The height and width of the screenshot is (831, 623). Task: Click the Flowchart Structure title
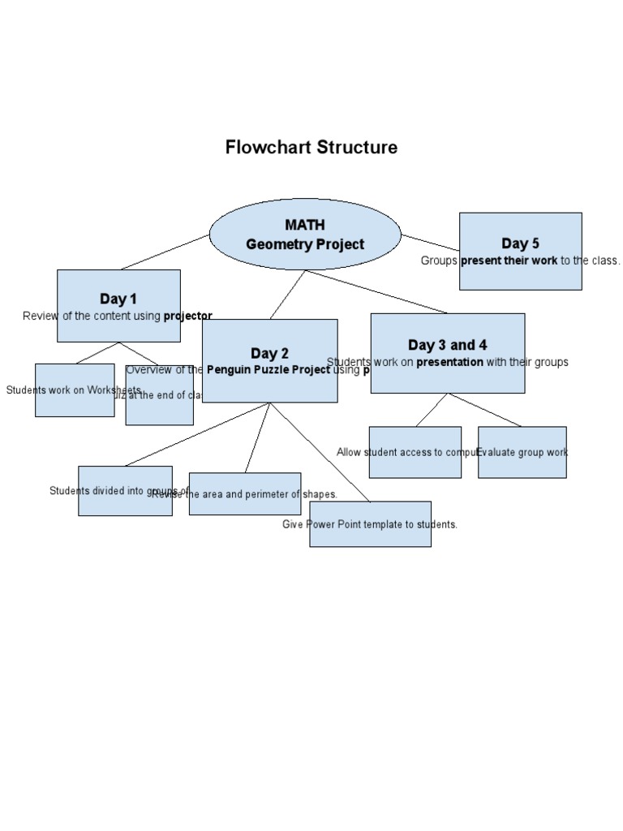(x=311, y=148)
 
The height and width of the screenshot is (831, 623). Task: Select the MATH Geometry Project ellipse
(x=305, y=235)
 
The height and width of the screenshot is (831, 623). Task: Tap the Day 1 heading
(x=118, y=299)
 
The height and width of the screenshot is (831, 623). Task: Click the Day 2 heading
(x=269, y=353)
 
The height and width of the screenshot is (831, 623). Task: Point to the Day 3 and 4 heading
(x=447, y=345)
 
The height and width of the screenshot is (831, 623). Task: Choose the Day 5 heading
(x=520, y=243)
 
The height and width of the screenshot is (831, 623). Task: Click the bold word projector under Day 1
(x=187, y=316)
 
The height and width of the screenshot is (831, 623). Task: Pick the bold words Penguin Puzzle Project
(x=268, y=370)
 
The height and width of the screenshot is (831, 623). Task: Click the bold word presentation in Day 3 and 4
(x=449, y=362)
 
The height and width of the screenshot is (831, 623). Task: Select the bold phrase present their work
(x=509, y=260)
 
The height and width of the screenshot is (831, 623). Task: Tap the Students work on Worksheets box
(x=75, y=390)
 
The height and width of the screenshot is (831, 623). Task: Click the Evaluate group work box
(x=522, y=452)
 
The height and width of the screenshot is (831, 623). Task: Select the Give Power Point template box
(x=370, y=524)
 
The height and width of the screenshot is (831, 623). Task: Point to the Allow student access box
(x=415, y=452)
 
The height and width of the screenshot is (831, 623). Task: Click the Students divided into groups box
(x=125, y=491)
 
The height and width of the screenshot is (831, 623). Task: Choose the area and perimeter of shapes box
(x=245, y=493)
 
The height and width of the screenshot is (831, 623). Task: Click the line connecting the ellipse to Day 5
(x=430, y=243)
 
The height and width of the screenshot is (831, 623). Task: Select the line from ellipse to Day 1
(x=165, y=252)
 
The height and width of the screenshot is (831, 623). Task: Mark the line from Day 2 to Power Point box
(x=320, y=452)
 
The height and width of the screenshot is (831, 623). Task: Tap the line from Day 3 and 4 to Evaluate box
(x=485, y=410)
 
